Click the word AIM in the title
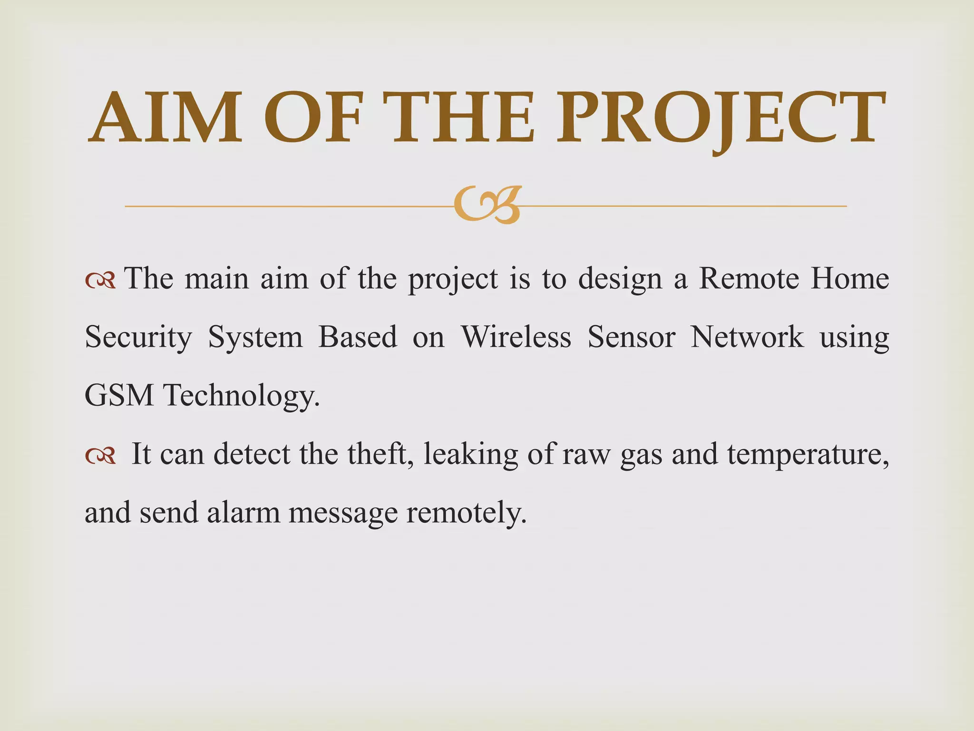click(165, 117)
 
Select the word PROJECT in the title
click(721, 117)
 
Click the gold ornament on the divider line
click(488, 205)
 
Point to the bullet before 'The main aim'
click(100, 281)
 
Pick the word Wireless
click(516, 337)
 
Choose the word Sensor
click(631, 337)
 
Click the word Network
click(747, 337)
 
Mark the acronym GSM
click(119, 395)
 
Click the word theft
click(380, 454)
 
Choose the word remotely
click(466, 513)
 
